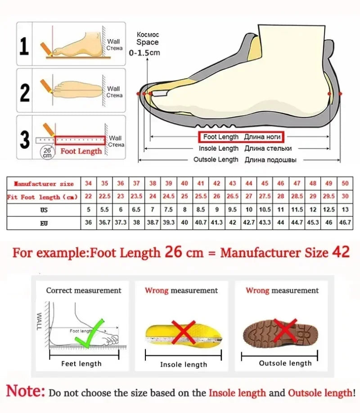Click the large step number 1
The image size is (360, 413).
[24, 46]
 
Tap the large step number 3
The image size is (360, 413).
[24, 139]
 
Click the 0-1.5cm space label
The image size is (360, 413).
[144, 53]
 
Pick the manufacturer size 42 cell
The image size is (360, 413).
[216, 184]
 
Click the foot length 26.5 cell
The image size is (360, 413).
[232, 197]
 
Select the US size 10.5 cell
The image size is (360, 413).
[265, 210]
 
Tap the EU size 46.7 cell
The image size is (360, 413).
[345, 222]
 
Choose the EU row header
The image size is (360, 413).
[44, 222]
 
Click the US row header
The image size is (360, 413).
[44, 210]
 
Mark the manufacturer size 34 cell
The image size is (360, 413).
[88, 184]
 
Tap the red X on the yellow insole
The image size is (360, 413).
[183, 332]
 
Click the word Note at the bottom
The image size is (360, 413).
[25, 391]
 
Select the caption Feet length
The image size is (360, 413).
[81, 364]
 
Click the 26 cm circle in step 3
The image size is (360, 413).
[47, 152]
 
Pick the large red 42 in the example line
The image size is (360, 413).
[341, 252]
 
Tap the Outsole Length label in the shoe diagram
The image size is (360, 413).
[216, 160]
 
